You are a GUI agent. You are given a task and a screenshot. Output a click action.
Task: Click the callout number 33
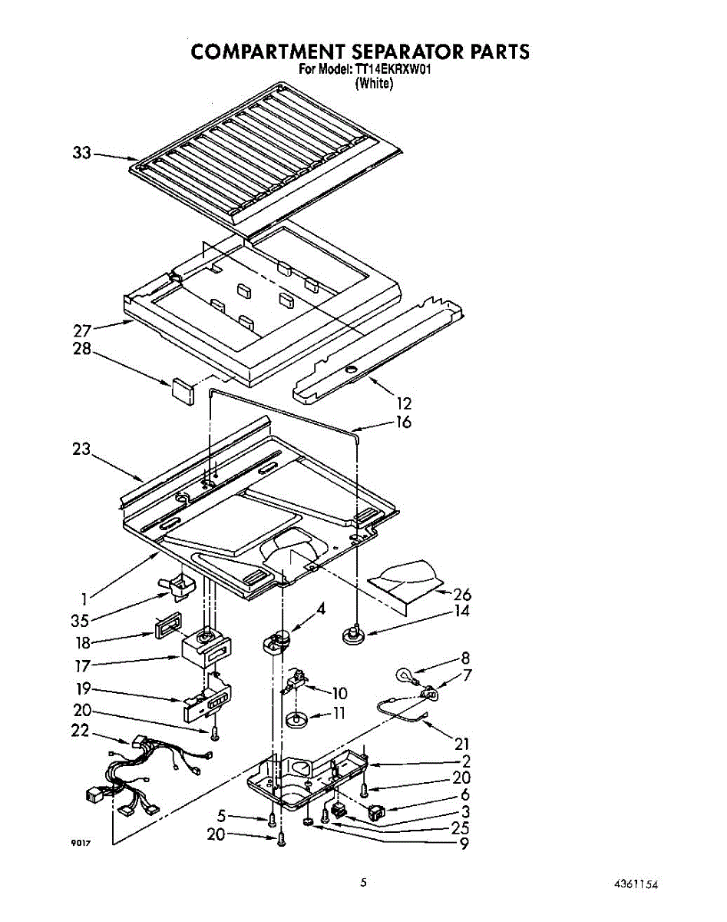tap(82, 154)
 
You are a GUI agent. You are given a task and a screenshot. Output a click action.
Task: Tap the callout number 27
tap(83, 332)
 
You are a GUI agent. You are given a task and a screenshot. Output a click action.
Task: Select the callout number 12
tap(405, 403)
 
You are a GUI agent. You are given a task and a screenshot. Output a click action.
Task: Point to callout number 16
tap(404, 422)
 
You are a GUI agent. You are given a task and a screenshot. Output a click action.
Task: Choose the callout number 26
tap(462, 594)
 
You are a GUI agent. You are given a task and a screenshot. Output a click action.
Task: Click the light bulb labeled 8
tap(404, 675)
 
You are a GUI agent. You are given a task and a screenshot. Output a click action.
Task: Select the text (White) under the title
tap(374, 83)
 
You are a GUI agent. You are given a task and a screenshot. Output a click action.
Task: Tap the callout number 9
tap(463, 844)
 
